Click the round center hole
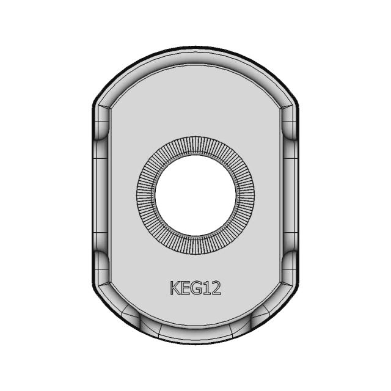point(195,197)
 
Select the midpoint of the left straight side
point(94,195)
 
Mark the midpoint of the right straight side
point(297,195)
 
